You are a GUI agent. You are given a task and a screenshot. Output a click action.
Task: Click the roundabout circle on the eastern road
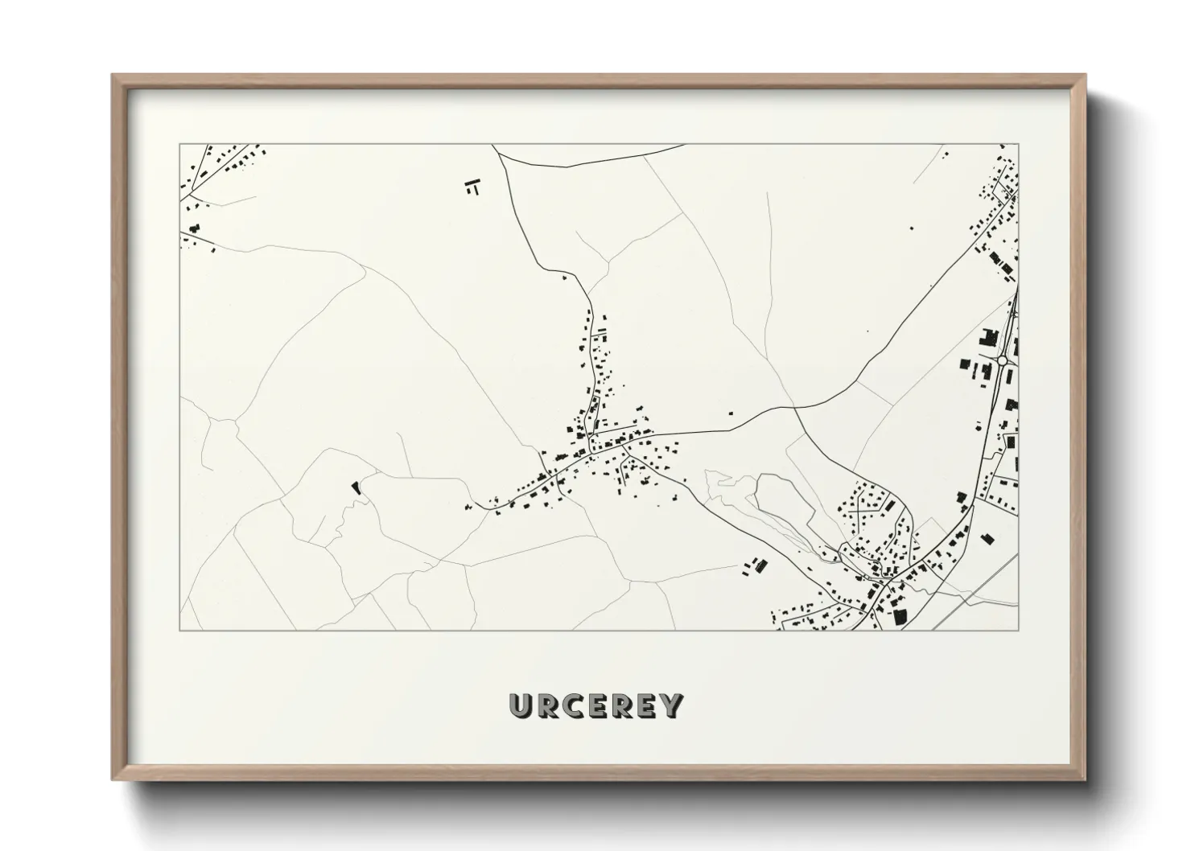1003,361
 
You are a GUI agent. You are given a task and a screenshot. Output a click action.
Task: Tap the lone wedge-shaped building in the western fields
353,486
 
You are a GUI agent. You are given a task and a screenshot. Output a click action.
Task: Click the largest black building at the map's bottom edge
900,616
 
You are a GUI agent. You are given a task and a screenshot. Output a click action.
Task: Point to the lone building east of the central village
731,413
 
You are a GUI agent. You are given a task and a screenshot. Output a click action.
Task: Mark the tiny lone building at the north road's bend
564,277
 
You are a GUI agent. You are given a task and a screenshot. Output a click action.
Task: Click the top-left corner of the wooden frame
113,76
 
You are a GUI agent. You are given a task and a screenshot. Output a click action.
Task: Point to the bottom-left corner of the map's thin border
180,630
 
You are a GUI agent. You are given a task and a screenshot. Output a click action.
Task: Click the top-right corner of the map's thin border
1019,145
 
